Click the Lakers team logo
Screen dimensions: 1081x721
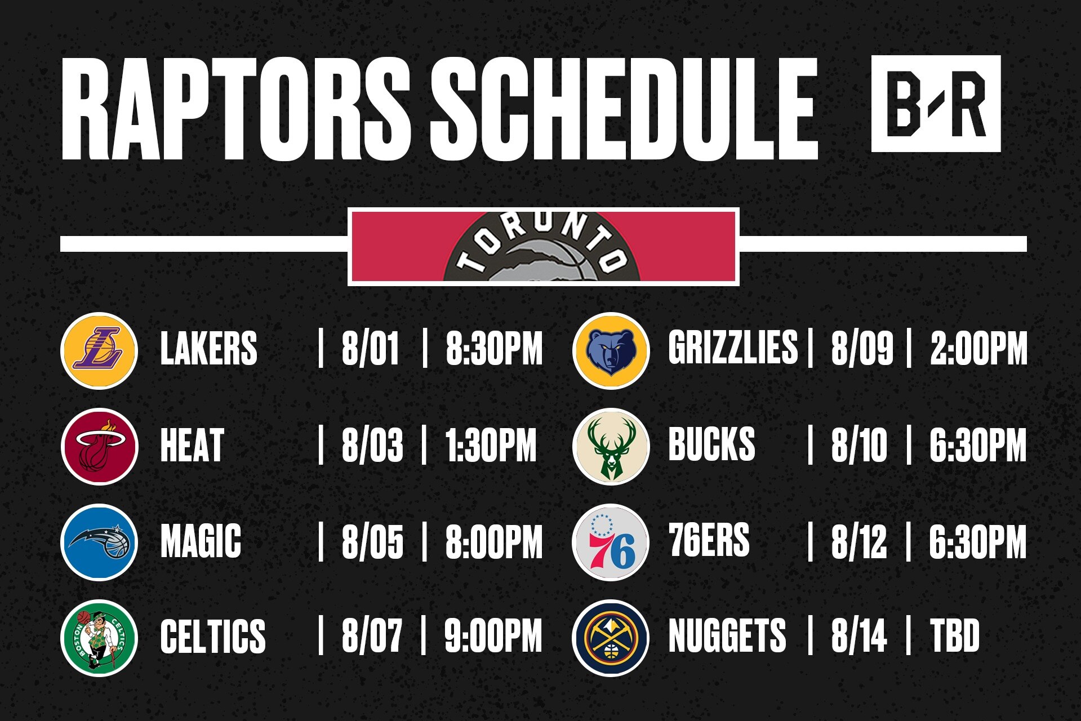tap(99, 350)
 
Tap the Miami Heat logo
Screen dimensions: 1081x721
tap(99, 446)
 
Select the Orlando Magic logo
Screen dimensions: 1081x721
tap(99, 542)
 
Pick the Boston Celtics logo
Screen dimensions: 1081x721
tap(99, 638)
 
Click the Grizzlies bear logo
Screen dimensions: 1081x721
tap(611, 350)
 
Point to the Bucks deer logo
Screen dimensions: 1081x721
tap(611, 446)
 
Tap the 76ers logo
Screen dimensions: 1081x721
tap(611, 542)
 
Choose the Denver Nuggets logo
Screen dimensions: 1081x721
tap(611, 638)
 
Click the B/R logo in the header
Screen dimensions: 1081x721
tap(936, 104)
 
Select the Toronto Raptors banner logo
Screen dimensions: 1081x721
tap(543, 247)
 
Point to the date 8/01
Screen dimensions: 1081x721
tap(370, 349)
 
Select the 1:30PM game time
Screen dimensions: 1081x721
tap(491, 445)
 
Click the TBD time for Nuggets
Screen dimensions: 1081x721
tap(954, 635)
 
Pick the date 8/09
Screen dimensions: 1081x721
tap(862, 349)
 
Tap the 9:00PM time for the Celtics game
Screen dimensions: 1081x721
tap(493, 636)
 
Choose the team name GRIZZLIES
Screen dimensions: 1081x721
tap(733, 347)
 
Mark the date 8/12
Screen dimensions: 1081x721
tap(859, 541)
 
